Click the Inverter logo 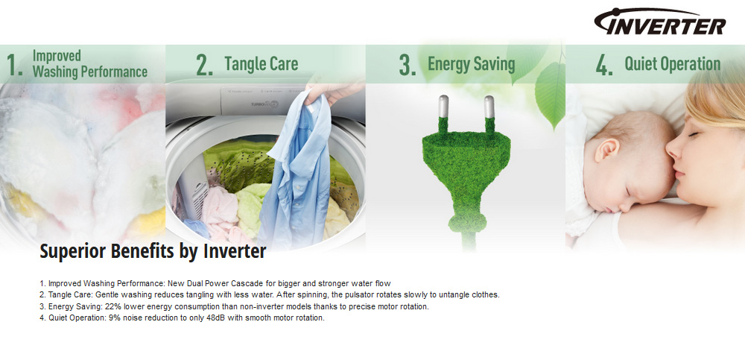pos(660,22)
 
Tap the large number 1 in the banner pos(14,66)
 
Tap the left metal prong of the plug pos(443,107)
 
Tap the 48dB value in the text pos(216,318)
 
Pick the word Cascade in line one pos(245,283)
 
